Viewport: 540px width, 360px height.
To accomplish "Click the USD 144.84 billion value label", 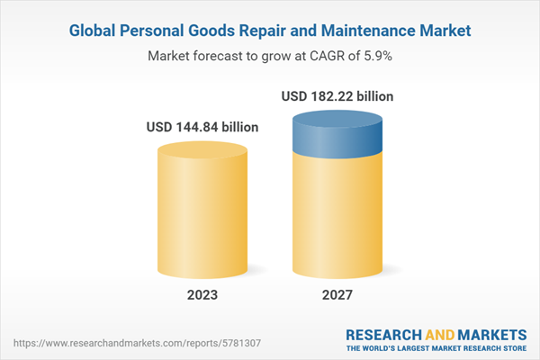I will pos(202,127).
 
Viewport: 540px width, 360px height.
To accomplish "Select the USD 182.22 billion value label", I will pos(337,96).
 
